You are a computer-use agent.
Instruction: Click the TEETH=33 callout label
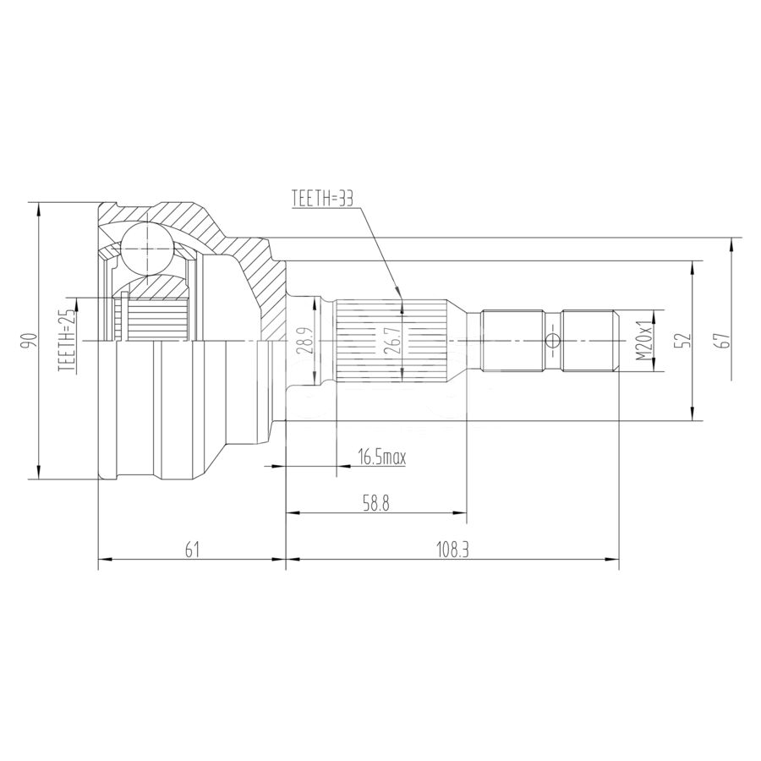pyautogui.click(x=322, y=199)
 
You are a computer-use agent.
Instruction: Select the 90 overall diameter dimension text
pyautogui.click(x=31, y=341)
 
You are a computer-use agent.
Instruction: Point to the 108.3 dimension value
pyautogui.click(x=453, y=549)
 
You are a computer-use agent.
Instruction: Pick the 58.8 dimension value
pyautogui.click(x=375, y=504)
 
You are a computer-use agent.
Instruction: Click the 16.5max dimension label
pyautogui.click(x=381, y=457)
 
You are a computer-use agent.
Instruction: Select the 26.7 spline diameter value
pyautogui.click(x=393, y=340)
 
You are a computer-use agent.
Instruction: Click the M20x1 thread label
pyautogui.click(x=643, y=342)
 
